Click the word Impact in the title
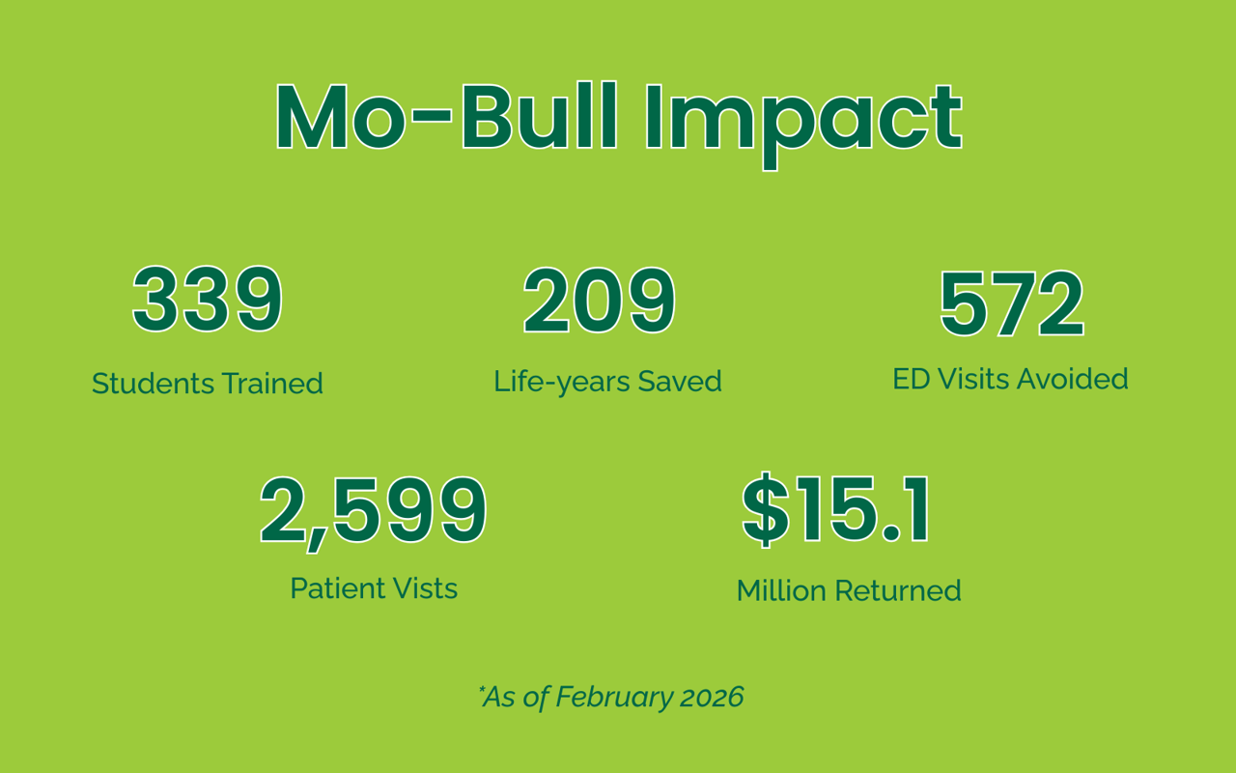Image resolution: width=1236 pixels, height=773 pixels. (x=804, y=125)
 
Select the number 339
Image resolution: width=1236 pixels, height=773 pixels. (x=208, y=300)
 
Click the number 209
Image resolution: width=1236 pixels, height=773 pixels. (x=600, y=301)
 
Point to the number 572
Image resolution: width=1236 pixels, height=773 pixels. (x=1012, y=303)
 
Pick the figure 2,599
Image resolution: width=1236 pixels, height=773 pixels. (x=374, y=512)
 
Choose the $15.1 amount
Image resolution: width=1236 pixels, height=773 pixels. (x=836, y=509)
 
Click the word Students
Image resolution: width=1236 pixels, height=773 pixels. (x=153, y=384)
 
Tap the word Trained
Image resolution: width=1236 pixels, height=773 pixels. (x=272, y=384)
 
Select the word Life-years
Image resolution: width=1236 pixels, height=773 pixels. (x=561, y=382)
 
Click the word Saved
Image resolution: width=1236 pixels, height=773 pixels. (x=680, y=381)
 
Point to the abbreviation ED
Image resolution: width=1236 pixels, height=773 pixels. (x=913, y=379)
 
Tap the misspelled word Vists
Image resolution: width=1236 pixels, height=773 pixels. (x=423, y=588)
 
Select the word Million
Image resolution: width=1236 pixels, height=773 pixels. (x=781, y=590)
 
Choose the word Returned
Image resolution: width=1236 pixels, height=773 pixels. (x=898, y=590)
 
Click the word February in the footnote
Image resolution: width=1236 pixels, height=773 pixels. (x=613, y=698)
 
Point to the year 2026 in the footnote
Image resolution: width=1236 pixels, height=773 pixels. (x=712, y=697)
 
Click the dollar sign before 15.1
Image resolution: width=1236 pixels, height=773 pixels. (x=766, y=509)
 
